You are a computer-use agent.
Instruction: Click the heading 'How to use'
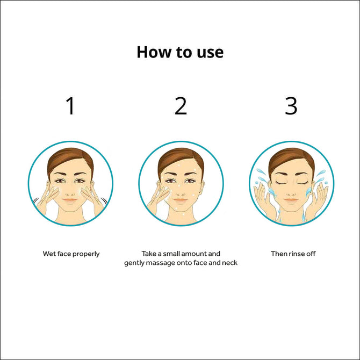pyautogui.click(x=180, y=52)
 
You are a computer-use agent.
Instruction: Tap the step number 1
pyautogui.click(x=70, y=106)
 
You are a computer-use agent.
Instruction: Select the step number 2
pyautogui.click(x=181, y=106)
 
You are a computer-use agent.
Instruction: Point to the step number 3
pyautogui.click(x=291, y=106)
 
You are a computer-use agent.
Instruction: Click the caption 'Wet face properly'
pyautogui.click(x=71, y=254)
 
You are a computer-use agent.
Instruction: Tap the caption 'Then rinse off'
pyautogui.click(x=293, y=254)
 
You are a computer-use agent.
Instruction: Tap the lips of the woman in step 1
pyautogui.click(x=70, y=200)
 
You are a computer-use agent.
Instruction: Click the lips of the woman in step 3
pyautogui.click(x=291, y=200)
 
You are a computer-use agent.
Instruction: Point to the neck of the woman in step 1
pyautogui.click(x=70, y=216)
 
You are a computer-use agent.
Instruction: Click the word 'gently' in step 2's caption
pyautogui.click(x=134, y=263)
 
